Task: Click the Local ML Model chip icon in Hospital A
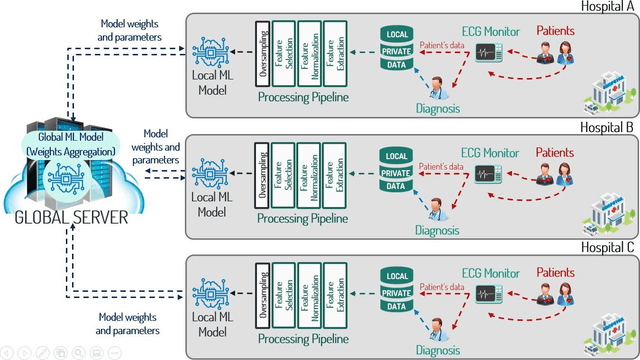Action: point(213,48)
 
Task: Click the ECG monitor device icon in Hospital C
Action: point(489,294)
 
